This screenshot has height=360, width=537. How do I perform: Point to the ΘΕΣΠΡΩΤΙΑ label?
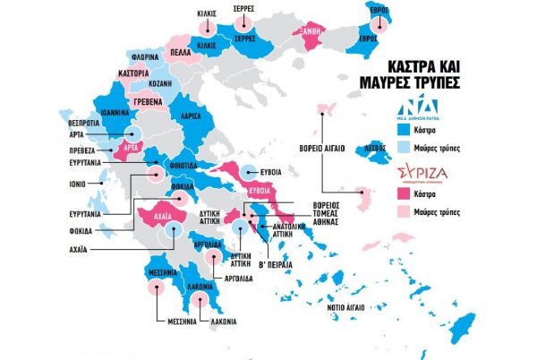tap(81, 124)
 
